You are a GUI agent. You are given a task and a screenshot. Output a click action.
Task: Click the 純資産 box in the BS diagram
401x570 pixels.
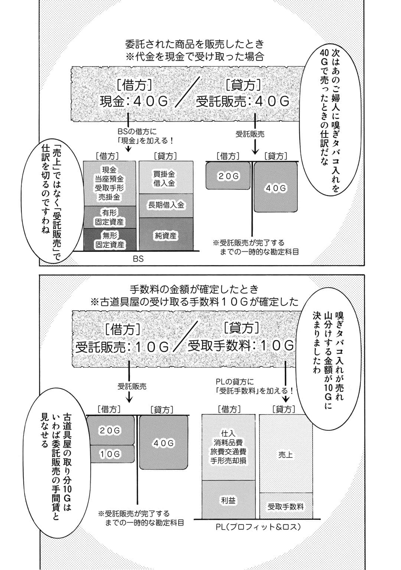pyautogui.click(x=166, y=235)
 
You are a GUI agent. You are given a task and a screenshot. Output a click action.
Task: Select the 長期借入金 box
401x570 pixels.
pyautogui.click(x=166, y=205)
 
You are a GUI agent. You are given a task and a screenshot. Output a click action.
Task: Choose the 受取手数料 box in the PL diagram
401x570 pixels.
pyautogui.click(x=286, y=506)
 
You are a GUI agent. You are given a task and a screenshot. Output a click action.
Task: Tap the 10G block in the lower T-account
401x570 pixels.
pyautogui.click(x=110, y=454)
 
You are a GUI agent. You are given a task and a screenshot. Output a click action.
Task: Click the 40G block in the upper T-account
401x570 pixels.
pyautogui.click(x=276, y=189)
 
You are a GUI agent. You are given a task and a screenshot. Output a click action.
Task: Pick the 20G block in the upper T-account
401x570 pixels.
pyautogui.click(x=228, y=176)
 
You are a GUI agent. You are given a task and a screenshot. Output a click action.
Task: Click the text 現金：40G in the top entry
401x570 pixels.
pyautogui.click(x=134, y=101)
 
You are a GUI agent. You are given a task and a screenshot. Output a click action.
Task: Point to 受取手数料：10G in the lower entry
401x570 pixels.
pyautogui.click(x=241, y=346)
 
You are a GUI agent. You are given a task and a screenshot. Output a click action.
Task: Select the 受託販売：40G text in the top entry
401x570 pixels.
pyautogui.click(x=242, y=101)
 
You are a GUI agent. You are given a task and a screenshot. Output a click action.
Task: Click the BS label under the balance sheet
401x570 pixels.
pyautogui.click(x=138, y=259)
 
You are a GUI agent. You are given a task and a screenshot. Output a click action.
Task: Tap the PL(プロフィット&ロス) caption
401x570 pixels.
pyautogui.click(x=257, y=527)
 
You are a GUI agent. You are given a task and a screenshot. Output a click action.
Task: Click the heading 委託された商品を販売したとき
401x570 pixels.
pyautogui.click(x=195, y=44)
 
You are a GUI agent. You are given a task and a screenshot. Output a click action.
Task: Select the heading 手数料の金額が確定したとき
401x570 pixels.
pyautogui.click(x=194, y=289)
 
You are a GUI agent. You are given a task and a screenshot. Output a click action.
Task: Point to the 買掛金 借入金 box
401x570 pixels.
pyautogui.click(x=166, y=178)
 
